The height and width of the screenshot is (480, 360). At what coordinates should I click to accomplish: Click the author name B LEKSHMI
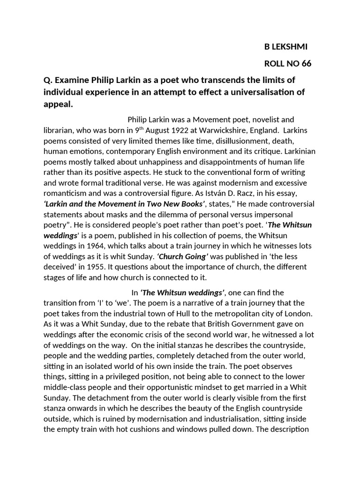(x=286, y=46)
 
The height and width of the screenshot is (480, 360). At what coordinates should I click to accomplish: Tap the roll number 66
(x=306, y=64)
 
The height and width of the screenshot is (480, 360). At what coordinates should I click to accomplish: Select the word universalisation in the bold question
(x=265, y=92)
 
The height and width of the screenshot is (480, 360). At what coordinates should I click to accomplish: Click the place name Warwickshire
(x=225, y=130)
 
